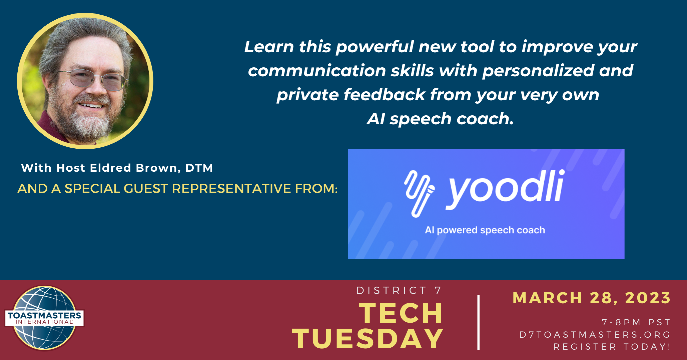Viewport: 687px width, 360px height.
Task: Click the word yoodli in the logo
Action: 505,189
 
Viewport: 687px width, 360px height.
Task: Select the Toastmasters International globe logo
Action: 44,318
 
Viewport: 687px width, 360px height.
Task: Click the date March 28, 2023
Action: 591,298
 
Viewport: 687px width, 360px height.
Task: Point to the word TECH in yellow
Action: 401,313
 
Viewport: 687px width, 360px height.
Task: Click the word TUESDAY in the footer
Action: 368,339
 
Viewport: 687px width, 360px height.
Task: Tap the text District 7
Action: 399,290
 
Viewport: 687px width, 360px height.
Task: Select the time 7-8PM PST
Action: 636,322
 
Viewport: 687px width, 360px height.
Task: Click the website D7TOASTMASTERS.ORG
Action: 595,334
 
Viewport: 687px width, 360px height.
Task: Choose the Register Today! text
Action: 612,347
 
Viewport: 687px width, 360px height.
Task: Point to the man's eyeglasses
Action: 94,80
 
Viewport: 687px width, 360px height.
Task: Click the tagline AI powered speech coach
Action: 485,230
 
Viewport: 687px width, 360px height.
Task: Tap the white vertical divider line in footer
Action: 479,322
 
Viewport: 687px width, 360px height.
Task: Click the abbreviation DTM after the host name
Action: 199,168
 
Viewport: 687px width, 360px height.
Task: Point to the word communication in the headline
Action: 317,71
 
